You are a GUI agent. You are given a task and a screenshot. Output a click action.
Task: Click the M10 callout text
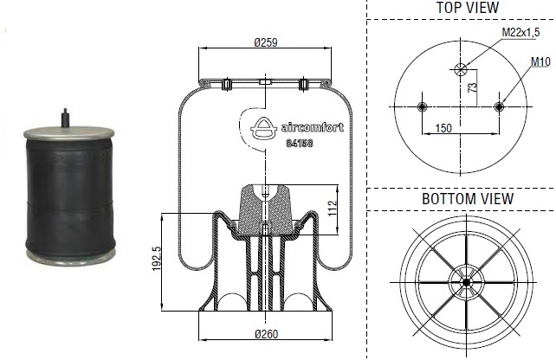pos(540,61)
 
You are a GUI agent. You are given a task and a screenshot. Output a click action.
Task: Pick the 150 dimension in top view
pos(443,128)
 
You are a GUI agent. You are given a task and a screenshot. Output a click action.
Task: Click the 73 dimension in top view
pos(472,87)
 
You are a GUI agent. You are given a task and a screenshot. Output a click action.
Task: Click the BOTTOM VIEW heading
pos(467,199)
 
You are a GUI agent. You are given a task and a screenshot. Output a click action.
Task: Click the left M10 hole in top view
pos(423,106)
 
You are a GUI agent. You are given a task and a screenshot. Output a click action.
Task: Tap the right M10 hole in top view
pos(498,106)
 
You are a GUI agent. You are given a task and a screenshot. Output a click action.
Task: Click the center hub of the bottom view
pos(466,281)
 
